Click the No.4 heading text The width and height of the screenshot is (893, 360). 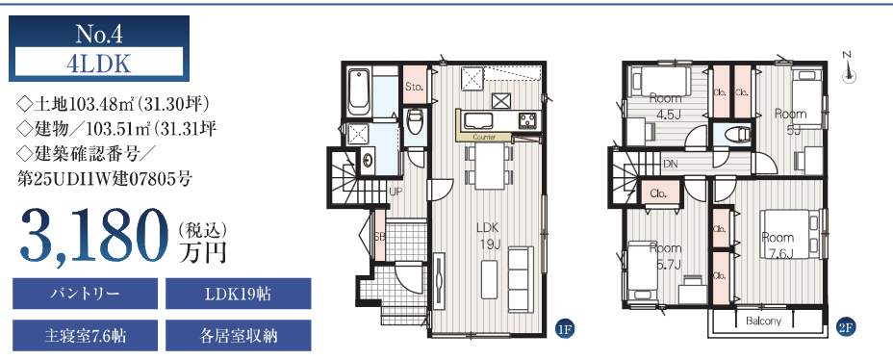pyautogui.click(x=99, y=35)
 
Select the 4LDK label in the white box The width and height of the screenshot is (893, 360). pyautogui.click(x=98, y=64)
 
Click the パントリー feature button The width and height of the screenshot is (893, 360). pyautogui.click(x=85, y=294)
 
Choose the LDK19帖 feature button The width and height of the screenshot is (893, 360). pyautogui.click(x=238, y=294)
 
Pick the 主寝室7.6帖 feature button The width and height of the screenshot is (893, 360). pyautogui.click(x=85, y=336)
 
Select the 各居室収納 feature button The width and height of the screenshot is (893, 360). pyautogui.click(x=238, y=336)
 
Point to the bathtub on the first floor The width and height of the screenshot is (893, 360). pyautogui.click(x=359, y=91)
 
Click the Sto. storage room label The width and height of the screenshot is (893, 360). pyautogui.click(x=414, y=87)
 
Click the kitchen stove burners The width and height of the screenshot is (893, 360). pyautogui.click(x=526, y=120)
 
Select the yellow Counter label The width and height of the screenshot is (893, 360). pyautogui.click(x=484, y=138)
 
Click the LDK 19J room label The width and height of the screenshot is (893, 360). pyautogui.click(x=488, y=237)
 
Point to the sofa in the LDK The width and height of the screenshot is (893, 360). pyautogui.click(x=521, y=279)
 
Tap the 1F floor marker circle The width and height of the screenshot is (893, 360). pyautogui.click(x=565, y=328)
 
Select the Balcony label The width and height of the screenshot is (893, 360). pyautogui.click(x=764, y=321)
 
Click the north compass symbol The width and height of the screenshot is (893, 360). pyautogui.click(x=848, y=68)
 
